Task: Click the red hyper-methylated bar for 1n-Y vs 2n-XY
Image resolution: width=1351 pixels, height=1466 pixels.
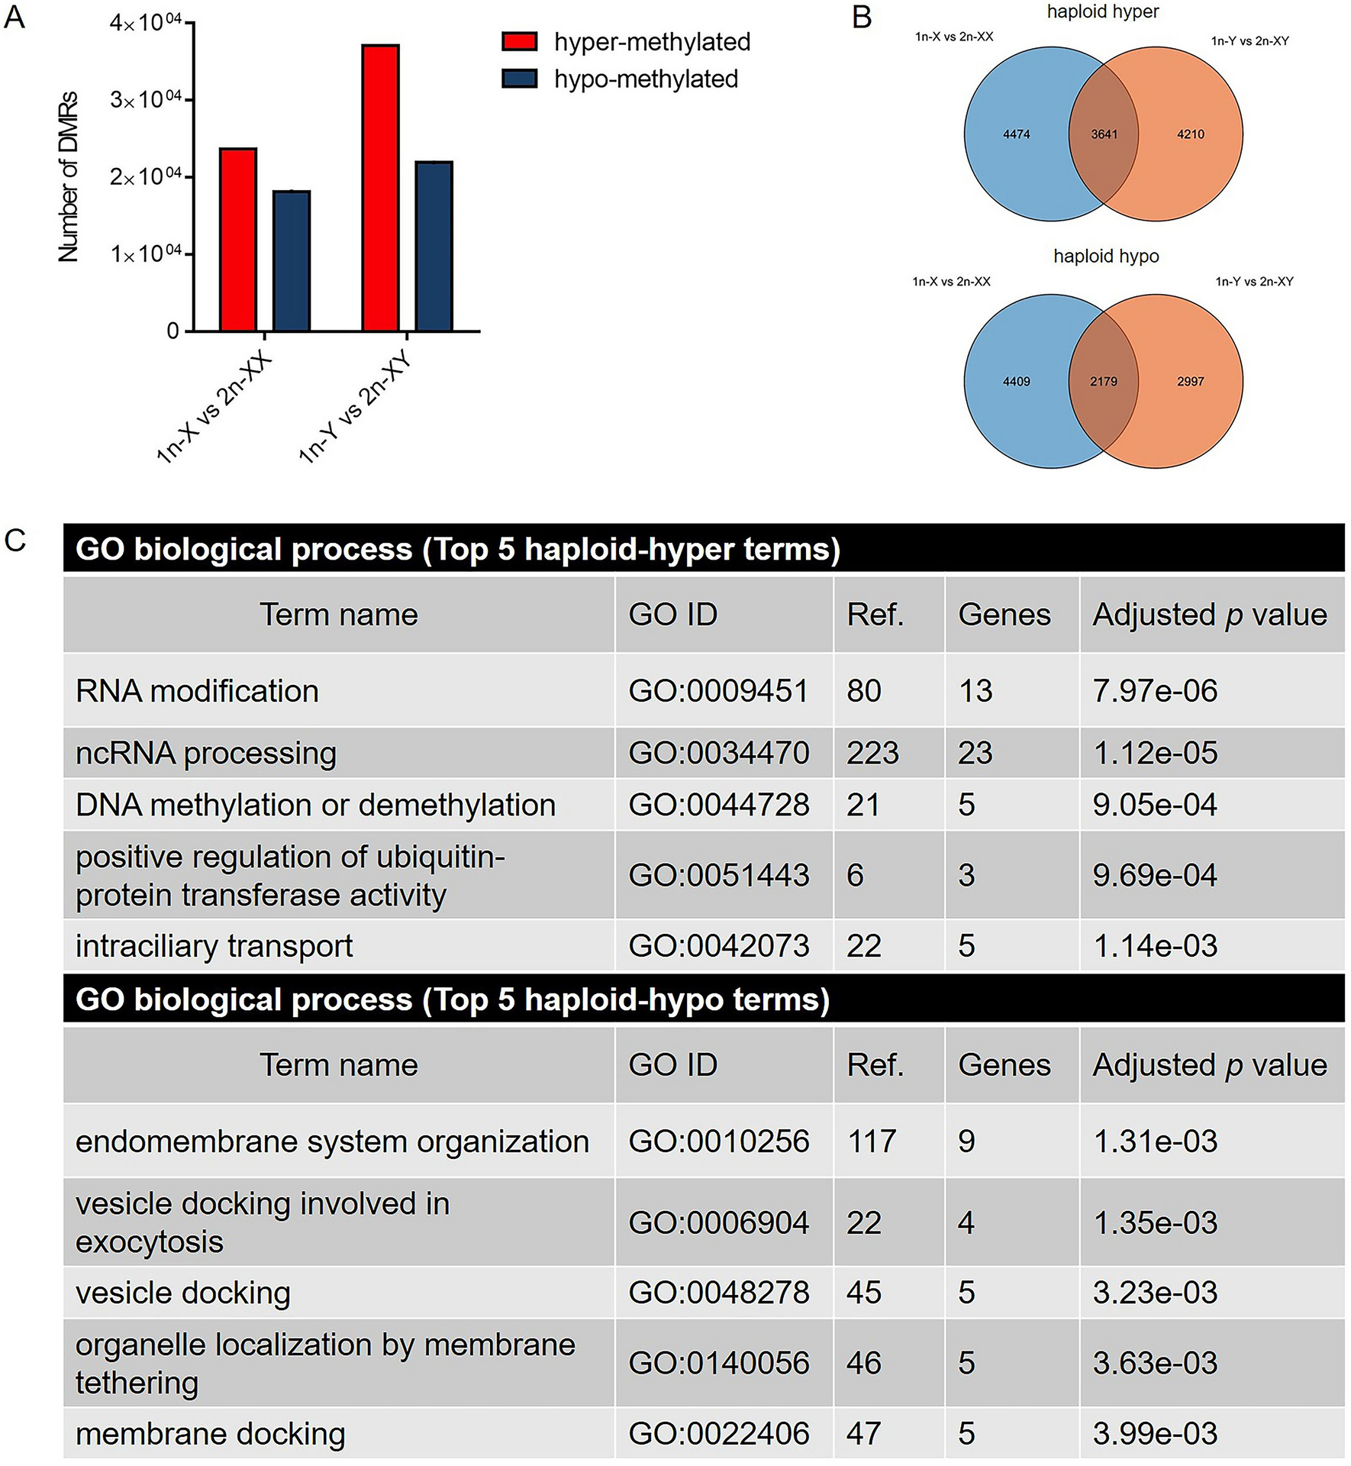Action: pos(380,187)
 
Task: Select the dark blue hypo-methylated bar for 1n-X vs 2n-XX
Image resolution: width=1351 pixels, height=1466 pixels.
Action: pos(291,260)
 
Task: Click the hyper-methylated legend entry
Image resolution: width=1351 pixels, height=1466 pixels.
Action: pos(626,42)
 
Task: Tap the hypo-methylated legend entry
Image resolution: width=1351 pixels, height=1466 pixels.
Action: pos(620,79)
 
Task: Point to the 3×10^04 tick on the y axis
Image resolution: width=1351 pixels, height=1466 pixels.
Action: pos(145,99)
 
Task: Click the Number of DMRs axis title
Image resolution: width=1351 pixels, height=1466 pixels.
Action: pos(69,176)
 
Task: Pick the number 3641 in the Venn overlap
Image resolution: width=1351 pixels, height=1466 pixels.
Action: pos(1104,134)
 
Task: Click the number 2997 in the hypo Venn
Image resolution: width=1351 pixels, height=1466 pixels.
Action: pos(1190,381)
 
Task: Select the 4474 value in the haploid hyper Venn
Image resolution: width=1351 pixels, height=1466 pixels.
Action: pos(1016,134)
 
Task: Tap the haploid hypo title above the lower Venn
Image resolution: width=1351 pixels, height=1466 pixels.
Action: pos(1106,256)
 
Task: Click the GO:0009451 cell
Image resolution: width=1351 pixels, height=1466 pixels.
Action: pos(717,691)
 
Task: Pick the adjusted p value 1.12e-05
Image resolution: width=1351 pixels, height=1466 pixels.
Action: pos(1155,754)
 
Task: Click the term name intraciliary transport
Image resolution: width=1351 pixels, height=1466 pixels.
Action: pos(214,946)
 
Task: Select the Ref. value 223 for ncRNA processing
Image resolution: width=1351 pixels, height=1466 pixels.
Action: pos(872,754)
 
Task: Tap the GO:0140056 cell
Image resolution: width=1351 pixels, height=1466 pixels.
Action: pos(717,1363)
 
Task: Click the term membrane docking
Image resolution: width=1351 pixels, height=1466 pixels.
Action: pos(210,1434)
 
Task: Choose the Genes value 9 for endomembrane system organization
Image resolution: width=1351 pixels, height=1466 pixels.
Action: pos(966,1141)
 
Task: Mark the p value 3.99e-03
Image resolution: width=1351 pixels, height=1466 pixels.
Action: pos(1155,1433)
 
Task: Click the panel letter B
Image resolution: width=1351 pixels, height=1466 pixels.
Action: pos(862,17)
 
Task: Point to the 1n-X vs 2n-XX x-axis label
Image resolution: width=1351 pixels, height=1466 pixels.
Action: pos(214,408)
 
